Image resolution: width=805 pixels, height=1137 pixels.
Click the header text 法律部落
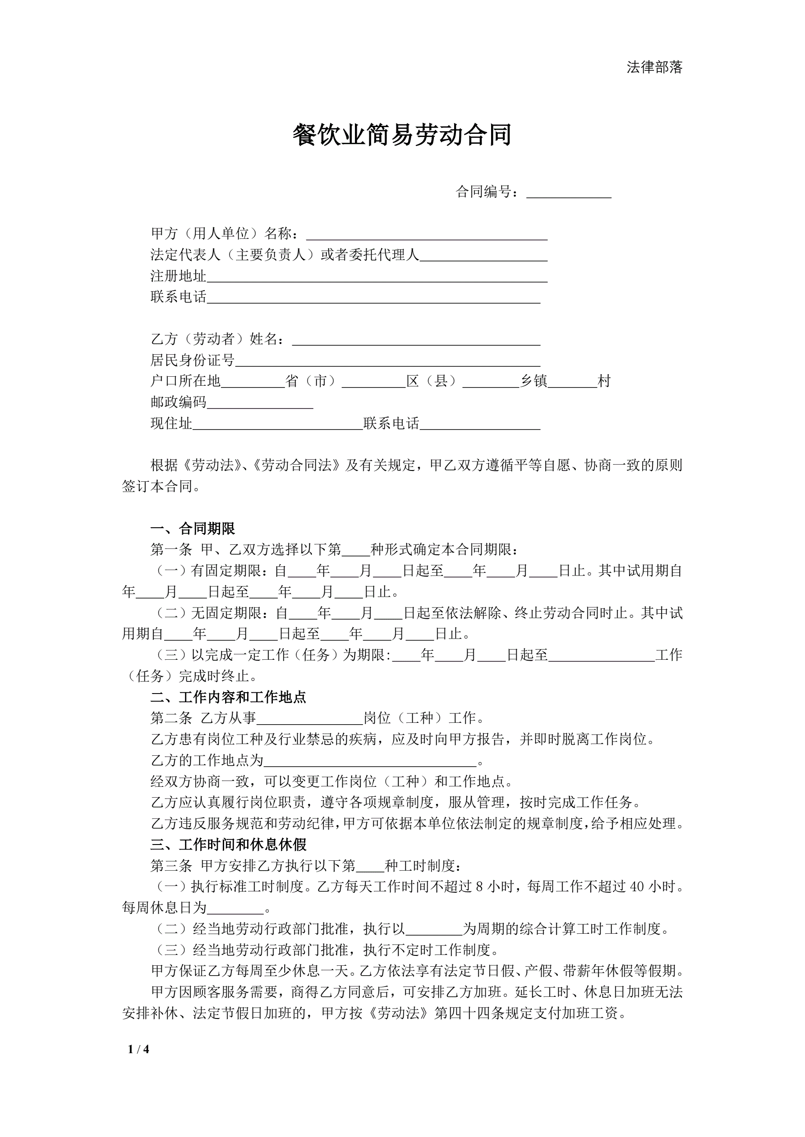pos(654,67)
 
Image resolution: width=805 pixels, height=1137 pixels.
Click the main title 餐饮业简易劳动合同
pos(402,135)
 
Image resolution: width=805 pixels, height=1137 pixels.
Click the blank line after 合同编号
pos(569,193)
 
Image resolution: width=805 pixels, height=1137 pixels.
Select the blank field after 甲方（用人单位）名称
pos(426,235)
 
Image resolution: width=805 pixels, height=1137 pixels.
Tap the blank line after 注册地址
pos(377,277)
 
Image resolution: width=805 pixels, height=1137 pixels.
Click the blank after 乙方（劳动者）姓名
pos(416,340)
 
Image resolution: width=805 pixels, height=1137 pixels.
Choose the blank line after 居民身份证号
pos(388,361)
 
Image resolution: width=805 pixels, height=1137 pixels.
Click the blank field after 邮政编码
pos(260,404)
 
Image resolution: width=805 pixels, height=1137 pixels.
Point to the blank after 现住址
pos(278,425)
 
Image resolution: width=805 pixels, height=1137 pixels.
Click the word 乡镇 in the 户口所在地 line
pos(534,381)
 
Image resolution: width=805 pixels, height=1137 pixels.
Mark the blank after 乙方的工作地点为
pos(370,761)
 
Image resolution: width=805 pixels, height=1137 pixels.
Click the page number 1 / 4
pos(138,1050)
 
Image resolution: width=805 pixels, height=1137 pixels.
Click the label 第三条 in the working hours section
pos(171,866)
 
